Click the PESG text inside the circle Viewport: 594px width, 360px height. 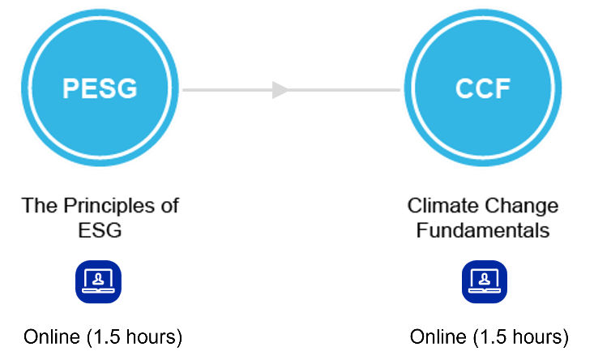[100, 88]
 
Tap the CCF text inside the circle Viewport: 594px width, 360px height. [483, 88]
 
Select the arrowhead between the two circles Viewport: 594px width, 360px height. [280, 90]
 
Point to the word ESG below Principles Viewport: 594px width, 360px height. [100, 230]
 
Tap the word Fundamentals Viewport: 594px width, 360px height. [483, 230]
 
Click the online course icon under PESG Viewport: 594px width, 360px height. [99, 281]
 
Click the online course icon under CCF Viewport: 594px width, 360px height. [485, 281]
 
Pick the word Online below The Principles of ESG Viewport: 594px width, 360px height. [52, 336]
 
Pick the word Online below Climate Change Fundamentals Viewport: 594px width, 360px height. [438, 336]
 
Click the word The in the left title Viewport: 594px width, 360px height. [40, 206]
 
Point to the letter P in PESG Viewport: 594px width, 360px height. [71, 88]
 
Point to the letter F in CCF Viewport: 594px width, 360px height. [503, 88]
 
